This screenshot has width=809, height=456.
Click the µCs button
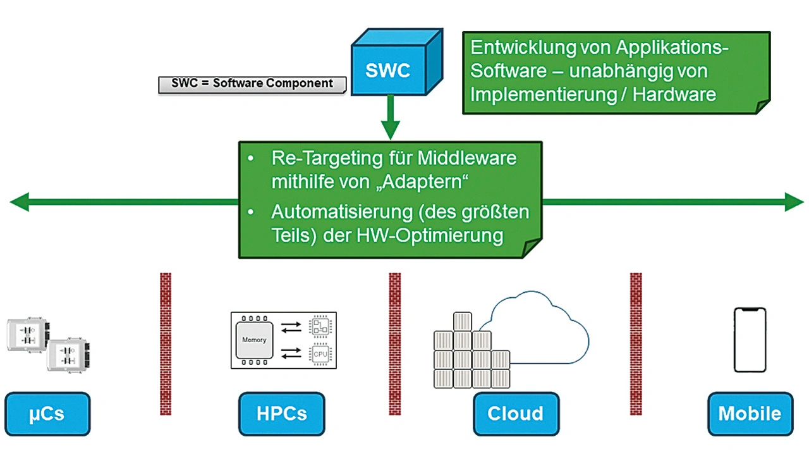[47, 414]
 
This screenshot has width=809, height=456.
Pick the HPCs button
[281, 414]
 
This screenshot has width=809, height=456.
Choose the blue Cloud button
[516, 414]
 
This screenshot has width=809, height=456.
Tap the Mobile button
[750, 414]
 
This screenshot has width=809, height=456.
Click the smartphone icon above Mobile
[750, 340]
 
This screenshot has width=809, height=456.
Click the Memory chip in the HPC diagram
[255, 340]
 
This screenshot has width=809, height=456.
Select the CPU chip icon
[320, 354]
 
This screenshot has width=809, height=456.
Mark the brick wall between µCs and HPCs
[166, 343]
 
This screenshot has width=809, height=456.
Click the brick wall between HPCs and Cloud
[394, 343]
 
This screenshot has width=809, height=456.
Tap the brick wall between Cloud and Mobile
[636, 343]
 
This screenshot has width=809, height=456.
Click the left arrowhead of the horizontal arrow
[19, 203]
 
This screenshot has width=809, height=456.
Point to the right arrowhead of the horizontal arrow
[794, 203]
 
